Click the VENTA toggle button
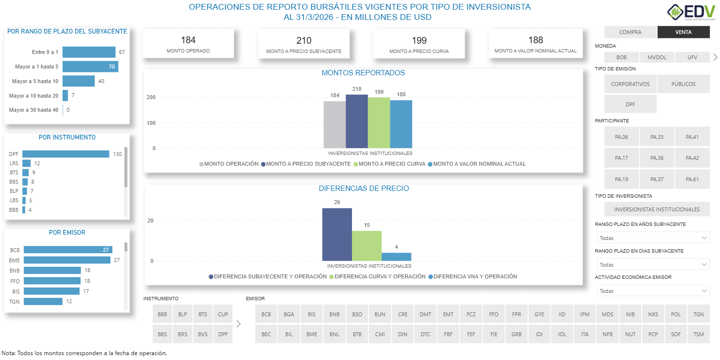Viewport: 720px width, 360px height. pos(683,32)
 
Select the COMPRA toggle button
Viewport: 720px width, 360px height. pos(630,32)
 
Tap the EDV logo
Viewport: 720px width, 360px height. pos(691,12)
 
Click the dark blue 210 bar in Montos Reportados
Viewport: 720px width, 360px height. pos(356,121)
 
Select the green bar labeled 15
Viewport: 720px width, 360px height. pos(367,246)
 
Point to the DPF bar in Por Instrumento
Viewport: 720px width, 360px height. pos(66,154)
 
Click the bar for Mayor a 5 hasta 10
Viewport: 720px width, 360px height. pos(78,81)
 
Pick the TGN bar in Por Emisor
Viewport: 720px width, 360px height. pos(43,302)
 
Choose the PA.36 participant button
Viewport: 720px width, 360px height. pos(657,158)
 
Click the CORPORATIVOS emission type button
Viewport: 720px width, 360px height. pos(630,84)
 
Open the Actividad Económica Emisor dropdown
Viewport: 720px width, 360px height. pos(653,291)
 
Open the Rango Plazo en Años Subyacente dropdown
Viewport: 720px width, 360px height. pos(653,238)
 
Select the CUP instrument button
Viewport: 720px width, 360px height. pos(223,314)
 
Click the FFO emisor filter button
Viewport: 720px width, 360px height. pos(493,314)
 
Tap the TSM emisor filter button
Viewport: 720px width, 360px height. pos(698,334)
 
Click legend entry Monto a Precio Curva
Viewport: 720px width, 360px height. pos(391,164)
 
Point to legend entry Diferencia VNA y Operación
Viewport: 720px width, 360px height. pos(474,276)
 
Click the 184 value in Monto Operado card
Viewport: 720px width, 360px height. pos(188,40)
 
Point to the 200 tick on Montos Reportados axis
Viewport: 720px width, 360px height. pos(151,98)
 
